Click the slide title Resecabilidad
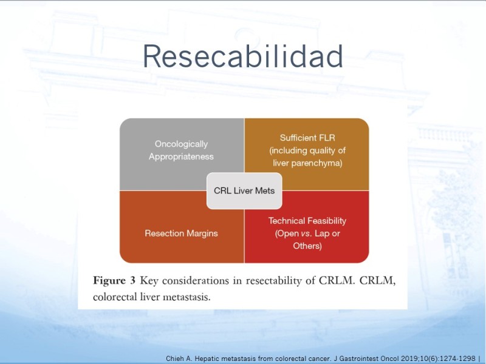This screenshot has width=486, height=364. (242, 56)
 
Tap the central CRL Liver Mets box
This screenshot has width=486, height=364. (244, 190)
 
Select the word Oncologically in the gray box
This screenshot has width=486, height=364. (181, 144)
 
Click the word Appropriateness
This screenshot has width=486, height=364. (181, 157)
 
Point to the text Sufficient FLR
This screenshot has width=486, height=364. (307, 138)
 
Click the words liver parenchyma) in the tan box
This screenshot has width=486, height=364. (307, 163)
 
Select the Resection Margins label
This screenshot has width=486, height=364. (181, 233)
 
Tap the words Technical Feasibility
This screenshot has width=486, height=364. (307, 221)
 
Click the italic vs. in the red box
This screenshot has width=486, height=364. (306, 234)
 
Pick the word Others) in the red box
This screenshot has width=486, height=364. (307, 246)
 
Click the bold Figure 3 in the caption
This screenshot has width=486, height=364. (114, 280)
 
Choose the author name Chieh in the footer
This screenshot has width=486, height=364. (175, 359)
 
